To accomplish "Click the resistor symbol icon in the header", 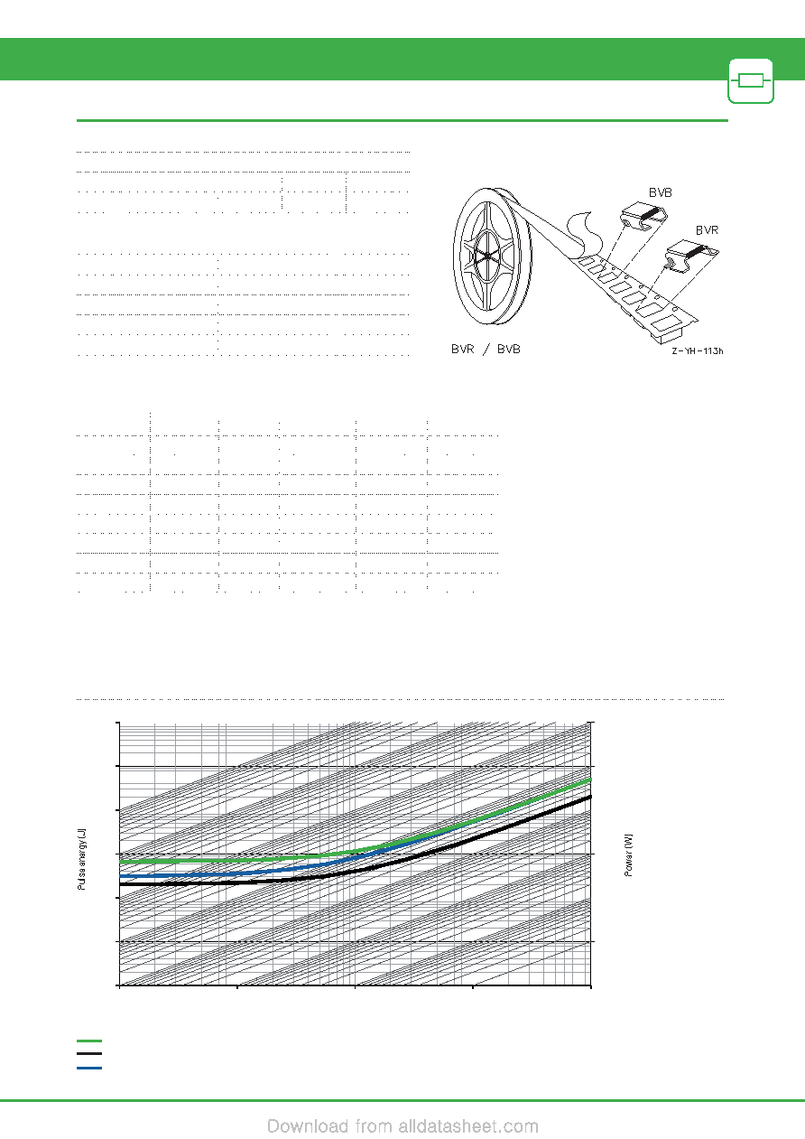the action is point(751,81).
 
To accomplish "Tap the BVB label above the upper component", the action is point(661,192).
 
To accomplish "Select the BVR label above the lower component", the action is point(707,230).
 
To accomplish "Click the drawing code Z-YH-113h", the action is point(698,350).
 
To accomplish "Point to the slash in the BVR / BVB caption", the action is point(487,350).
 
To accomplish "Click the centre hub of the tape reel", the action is point(486,257).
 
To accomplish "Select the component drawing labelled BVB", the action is point(643,216).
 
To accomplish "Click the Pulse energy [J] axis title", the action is point(82,859).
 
